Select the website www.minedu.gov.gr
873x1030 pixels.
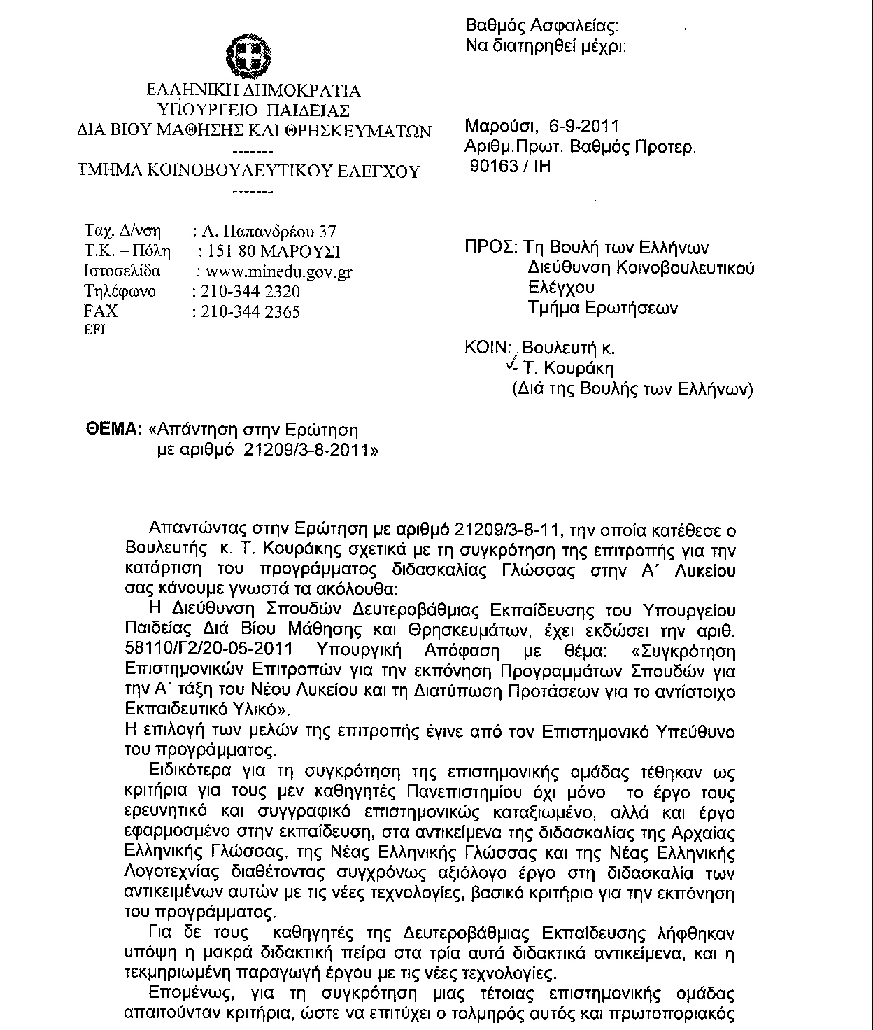click(x=275, y=272)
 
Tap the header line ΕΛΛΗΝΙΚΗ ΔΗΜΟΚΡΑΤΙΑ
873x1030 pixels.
click(x=253, y=91)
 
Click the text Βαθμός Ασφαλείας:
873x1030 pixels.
click(x=542, y=27)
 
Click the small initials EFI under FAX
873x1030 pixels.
click(x=94, y=331)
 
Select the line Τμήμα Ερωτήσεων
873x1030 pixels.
click(x=602, y=308)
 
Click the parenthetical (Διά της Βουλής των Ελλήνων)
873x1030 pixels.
click(x=633, y=389)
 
